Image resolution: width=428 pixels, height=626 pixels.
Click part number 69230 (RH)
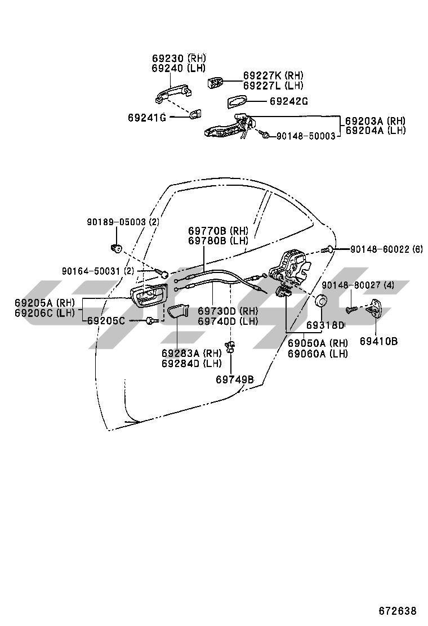click(x=179, y=58)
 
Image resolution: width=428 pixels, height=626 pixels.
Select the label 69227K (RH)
click(x=274, y=75)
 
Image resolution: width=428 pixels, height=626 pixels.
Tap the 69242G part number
click(x=289, y=101)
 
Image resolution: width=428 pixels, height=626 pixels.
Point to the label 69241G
click(x=146, y=117)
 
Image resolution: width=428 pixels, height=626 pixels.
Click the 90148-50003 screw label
click(x=306, y=136)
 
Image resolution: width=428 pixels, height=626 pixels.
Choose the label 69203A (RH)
click(x=375, y=120)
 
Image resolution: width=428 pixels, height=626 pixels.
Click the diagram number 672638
click(x=397, y=611)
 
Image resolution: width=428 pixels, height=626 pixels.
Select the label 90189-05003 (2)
click(x=123, y=222)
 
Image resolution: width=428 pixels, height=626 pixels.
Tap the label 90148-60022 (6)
click(x=386, y=249)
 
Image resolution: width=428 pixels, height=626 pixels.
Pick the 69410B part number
click(x=378, y=341)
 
